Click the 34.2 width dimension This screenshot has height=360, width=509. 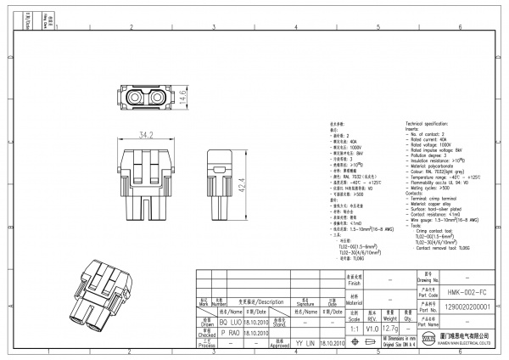tap(146, 134)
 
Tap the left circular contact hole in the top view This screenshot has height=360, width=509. tap(135, 99)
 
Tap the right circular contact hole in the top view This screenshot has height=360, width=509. tap(158, 99)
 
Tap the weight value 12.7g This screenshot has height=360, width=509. tap(389, 325)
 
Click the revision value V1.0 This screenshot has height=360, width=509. tap(370, 325)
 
